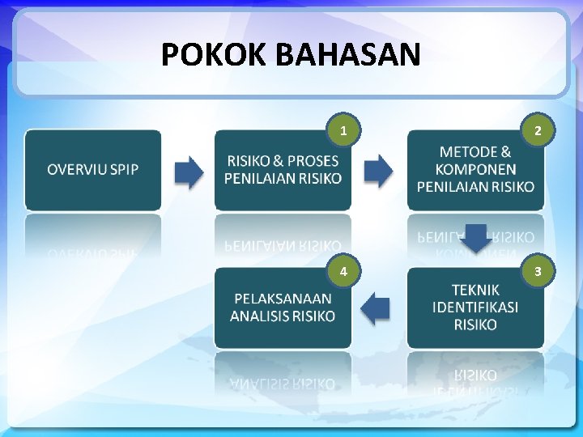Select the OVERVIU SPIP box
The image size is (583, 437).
[93, 170]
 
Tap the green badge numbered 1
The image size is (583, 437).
[344, 130]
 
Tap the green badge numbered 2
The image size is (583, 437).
[538, 130]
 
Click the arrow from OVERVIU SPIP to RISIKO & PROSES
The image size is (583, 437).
[189, 172]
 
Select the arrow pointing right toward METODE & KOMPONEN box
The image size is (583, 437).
[378, 172]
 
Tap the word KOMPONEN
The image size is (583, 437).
[475, 169]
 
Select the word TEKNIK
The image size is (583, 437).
[475, 290]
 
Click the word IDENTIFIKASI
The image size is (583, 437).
[475, 308]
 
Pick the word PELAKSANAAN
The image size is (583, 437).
[283, 299]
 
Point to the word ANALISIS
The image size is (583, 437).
[259, 316]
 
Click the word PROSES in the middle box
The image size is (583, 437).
[313, 161]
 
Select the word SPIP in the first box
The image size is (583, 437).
[126, 170]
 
